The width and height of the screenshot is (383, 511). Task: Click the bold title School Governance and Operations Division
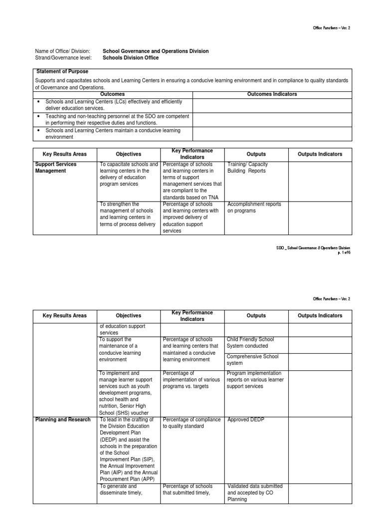(x=156, y=51)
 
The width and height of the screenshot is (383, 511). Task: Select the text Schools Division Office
(x=131, y=58)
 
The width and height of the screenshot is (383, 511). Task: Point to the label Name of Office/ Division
(x=62, y=51)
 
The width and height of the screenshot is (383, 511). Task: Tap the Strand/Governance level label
(x=62, y=58)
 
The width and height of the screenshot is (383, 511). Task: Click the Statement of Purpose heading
(x=62, y=72)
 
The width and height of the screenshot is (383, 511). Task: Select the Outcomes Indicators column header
(x=272, y=94)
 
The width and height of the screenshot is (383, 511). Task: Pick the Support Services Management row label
(x=56, y=168)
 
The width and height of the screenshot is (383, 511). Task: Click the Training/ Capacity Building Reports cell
(x=246, y=168)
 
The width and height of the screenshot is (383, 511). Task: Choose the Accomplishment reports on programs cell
(x=254, y=208)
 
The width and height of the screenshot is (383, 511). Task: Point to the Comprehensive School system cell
(x=252, y=360)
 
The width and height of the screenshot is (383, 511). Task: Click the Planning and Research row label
(x=63, y=420)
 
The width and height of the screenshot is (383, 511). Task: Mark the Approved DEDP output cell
(x=246, y=420)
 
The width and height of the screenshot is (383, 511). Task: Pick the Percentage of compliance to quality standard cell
(x=191, y=423)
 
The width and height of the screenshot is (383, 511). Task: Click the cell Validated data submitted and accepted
(x=254, y=493)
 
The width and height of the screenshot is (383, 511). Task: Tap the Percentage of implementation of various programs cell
(x=191, y=380)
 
